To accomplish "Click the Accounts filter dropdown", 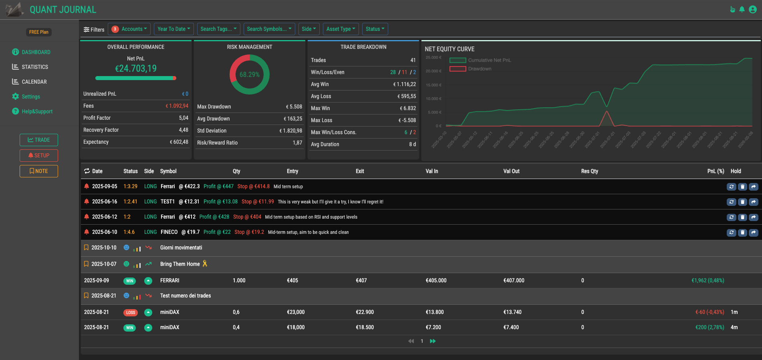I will point(129,29).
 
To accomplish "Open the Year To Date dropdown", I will point(173,29).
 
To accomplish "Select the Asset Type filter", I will point(341,29).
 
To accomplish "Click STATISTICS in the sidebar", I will point(35,67).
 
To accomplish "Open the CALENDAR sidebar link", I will point(34,82).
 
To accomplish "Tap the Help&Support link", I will point(37,111).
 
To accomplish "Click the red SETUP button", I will point(39,155).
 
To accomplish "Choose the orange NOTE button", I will point(39,171).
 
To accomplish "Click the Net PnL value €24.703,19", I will point(136,68).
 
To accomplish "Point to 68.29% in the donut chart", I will point(249,74).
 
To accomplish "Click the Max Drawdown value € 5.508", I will point(294,107).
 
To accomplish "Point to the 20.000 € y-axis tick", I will point(433,71).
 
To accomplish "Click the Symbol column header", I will point(168,171).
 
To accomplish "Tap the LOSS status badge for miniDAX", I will point(130,312).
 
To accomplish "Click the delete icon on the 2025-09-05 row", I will point(742,187).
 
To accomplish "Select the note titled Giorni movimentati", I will point(181,247).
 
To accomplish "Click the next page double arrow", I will point(433,341).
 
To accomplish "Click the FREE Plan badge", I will point(38,32).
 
